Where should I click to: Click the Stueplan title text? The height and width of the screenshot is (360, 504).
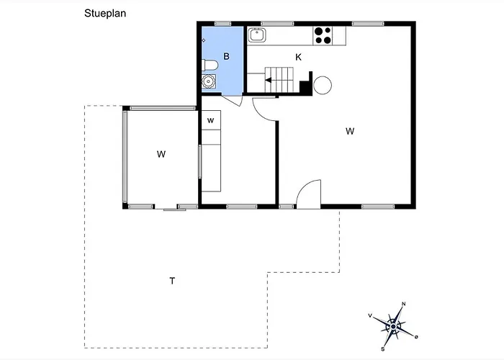(105, 14)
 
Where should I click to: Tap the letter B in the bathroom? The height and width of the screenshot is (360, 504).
(226, 57)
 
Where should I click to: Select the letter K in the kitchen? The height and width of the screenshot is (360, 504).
(298, 57)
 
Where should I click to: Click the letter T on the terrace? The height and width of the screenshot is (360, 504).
(172, 281)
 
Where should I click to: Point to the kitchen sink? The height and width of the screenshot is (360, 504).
(256, 35)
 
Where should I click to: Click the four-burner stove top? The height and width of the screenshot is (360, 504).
(323, 36)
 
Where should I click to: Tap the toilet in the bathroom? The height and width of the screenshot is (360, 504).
(210, 66)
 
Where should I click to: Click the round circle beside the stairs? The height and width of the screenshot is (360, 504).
(323, 85)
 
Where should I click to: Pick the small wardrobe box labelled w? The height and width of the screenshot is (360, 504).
(211, 120)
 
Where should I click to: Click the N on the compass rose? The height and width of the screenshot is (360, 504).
(404, 304)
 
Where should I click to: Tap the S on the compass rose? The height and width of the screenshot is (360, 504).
(383, 349)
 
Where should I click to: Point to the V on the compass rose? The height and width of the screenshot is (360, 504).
(370, 315)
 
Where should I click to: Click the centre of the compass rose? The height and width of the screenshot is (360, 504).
(393, 327)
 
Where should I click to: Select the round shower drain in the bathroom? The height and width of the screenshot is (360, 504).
(209, 81)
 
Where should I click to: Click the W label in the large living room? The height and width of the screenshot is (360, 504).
(350, 131)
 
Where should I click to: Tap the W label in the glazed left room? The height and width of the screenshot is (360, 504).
(161, 154)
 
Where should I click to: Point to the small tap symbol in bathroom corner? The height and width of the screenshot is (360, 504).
(204, 40)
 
